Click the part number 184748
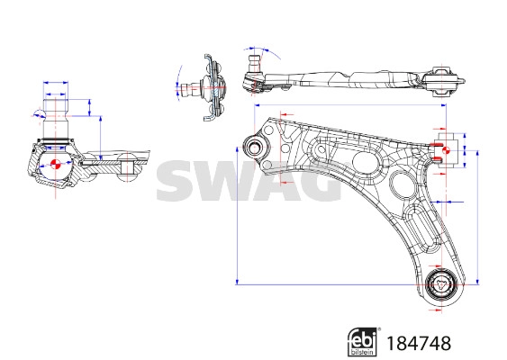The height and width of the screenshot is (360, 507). tap(418, 342)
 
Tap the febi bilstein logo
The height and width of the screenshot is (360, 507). tap(362, 341)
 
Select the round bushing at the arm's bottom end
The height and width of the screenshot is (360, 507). tap(441, 287)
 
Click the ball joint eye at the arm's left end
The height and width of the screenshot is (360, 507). tap(256, 148)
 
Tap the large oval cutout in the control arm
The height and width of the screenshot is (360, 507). tap(366, 163)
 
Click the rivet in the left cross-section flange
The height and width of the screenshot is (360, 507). tap(126, 166)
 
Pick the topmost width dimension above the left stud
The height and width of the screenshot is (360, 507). tap(56, 83)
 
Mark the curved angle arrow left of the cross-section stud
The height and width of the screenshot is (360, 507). tap(36, 112)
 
